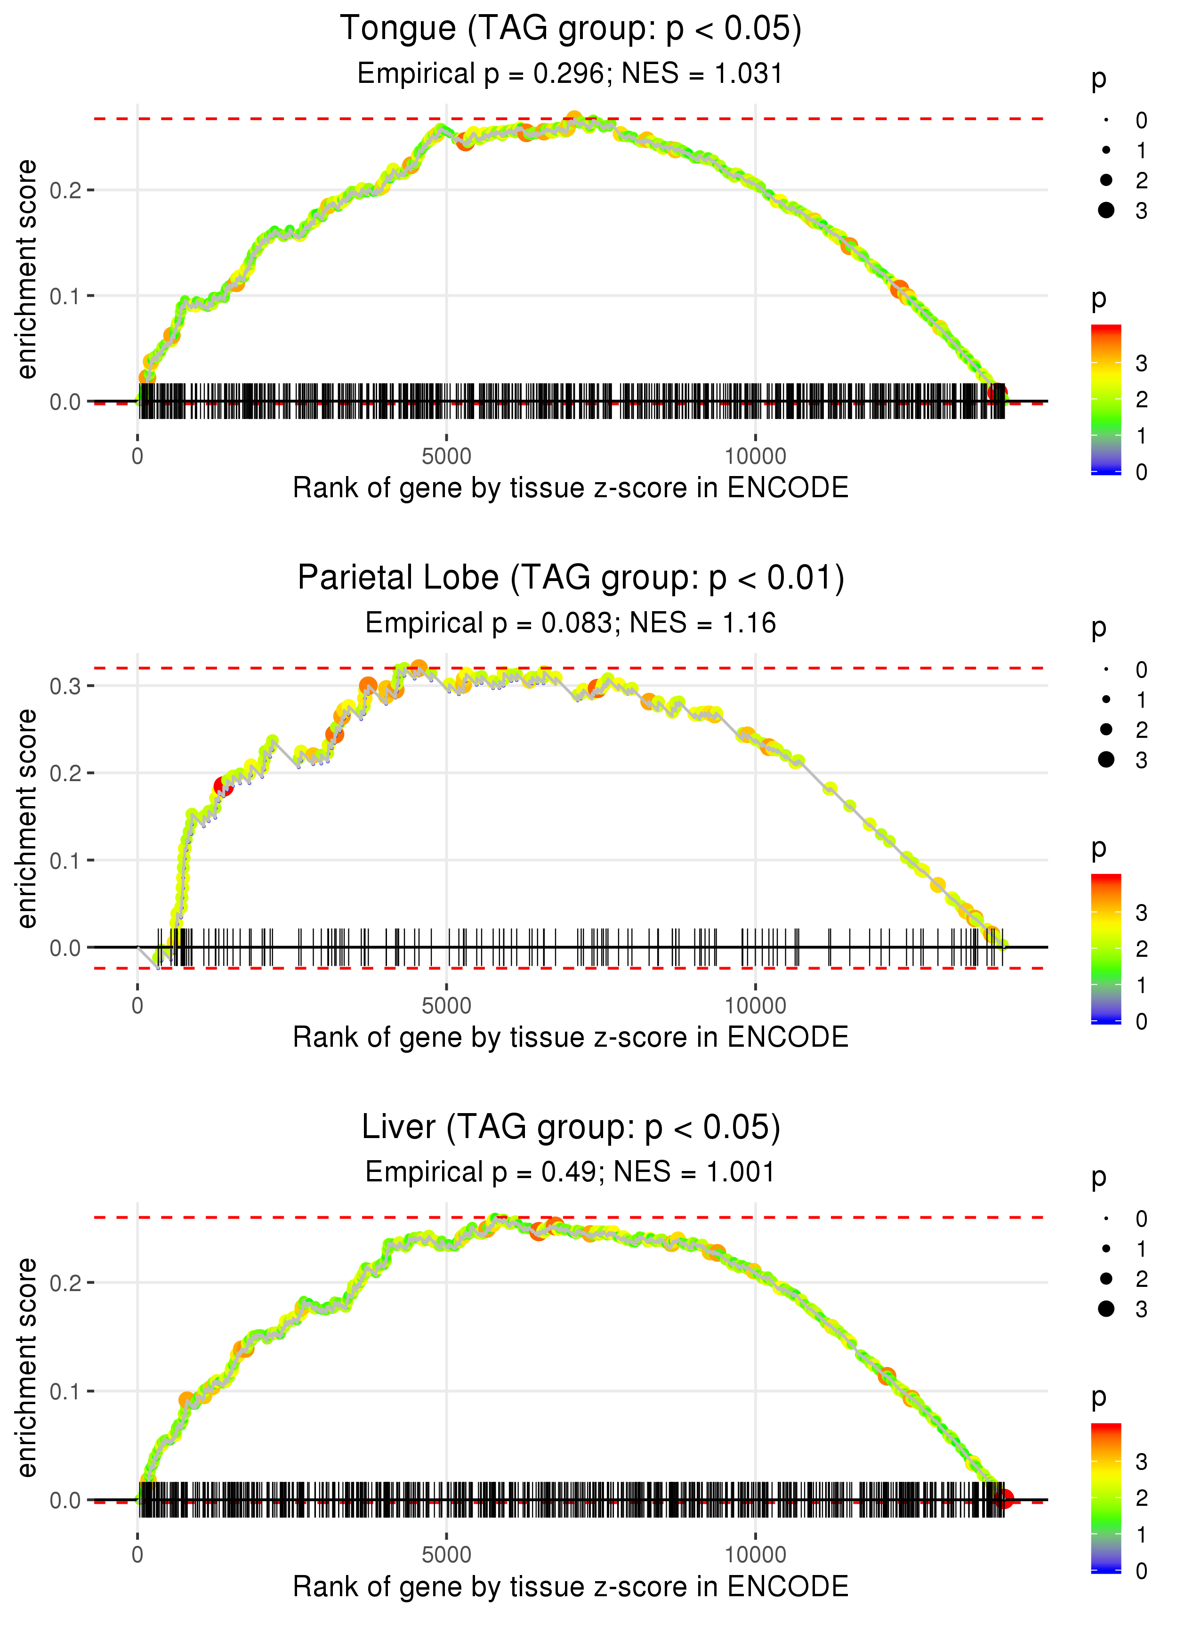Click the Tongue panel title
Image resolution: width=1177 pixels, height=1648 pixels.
pos(571,29)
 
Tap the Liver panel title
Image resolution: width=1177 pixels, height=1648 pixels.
pos(571,1128)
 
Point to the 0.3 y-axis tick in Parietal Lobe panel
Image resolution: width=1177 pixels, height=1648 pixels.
pos(65,686)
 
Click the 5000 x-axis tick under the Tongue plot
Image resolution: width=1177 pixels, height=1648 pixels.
pos(446,457)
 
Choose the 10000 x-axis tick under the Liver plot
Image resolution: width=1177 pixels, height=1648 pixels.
pos(755,1555)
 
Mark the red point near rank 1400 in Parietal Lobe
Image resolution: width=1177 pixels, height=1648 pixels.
pos(223,786)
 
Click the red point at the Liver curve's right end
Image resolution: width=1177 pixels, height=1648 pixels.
pos(1005,1499)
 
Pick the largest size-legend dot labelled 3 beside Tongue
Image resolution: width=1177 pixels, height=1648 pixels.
pos(1106,210)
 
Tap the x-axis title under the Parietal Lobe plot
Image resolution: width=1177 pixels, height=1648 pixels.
pos(571,1037)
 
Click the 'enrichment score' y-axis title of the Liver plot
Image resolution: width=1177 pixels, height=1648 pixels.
pos(27,1367)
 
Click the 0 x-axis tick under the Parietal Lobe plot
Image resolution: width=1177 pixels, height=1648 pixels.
pos(137,1006)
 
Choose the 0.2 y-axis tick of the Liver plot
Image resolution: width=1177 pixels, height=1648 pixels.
pos(65,1283)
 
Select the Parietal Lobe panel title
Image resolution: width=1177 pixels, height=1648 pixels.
pos(571,578)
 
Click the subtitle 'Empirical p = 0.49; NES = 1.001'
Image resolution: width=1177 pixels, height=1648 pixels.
pos(571,1172)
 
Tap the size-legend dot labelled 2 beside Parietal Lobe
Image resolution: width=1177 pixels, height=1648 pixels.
pos(1106,729)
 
